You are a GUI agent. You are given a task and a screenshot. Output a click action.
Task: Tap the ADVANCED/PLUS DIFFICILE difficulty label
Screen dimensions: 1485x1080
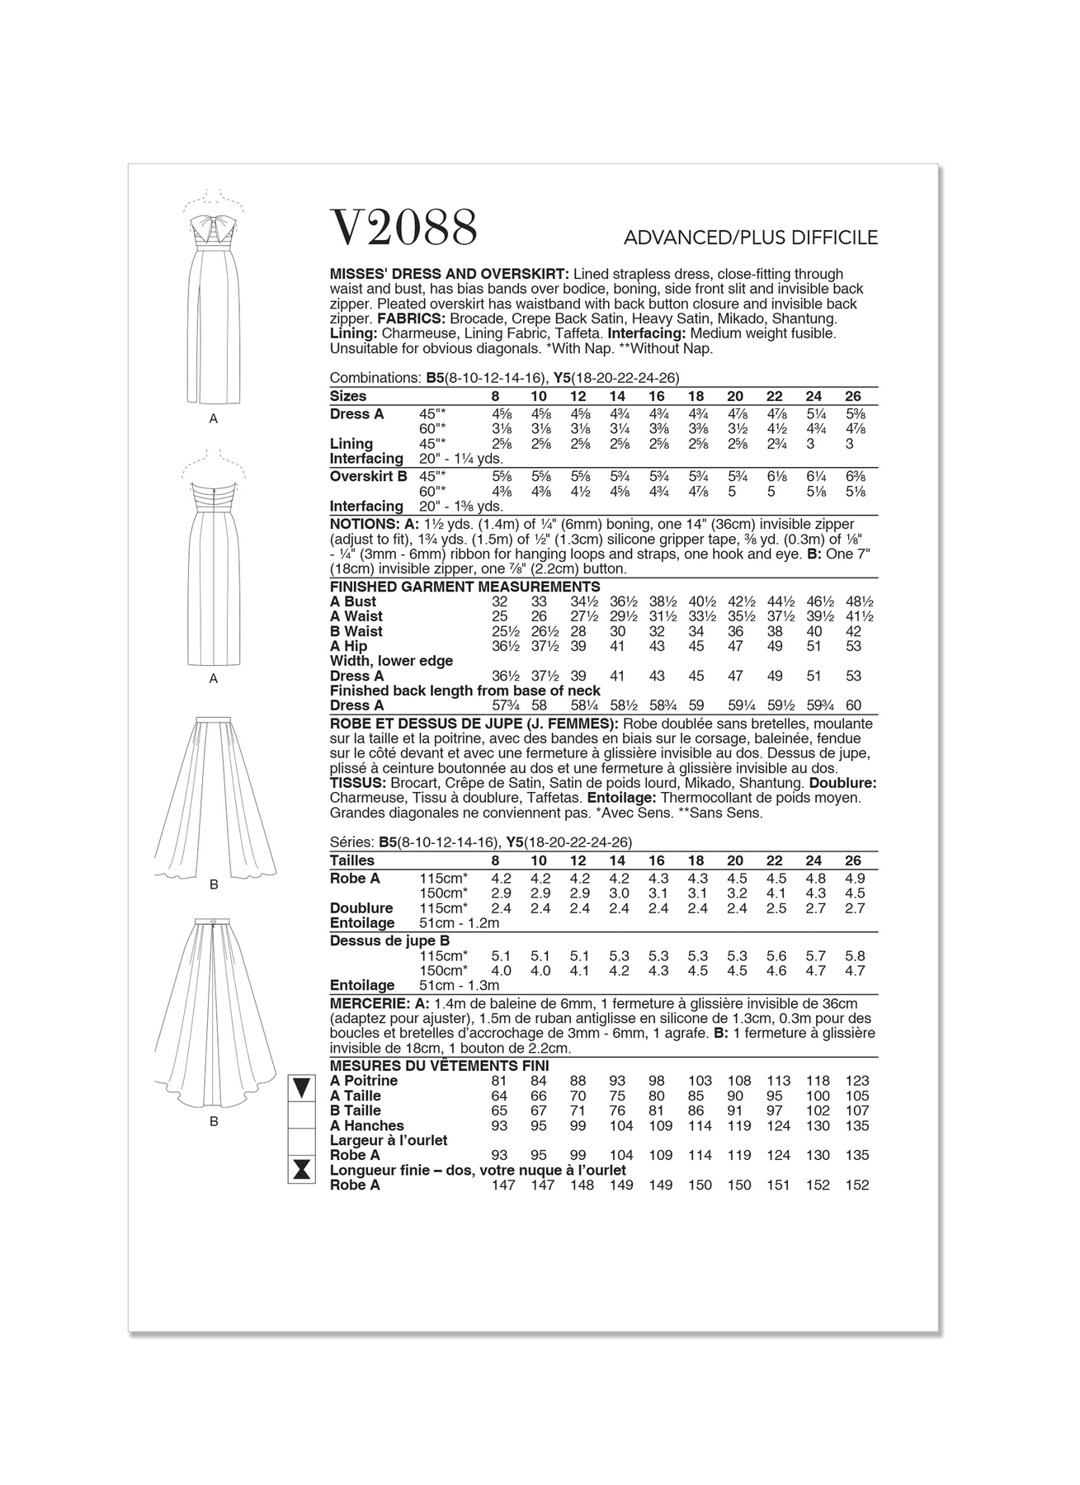pyautogui.click(x=751, y=238)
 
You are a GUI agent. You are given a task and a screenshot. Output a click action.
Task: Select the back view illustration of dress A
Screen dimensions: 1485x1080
pyautogui.click(x=213, y=568)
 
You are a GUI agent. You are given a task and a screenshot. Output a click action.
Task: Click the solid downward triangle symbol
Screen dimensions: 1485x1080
pyautogui.click(x=301, y=1087)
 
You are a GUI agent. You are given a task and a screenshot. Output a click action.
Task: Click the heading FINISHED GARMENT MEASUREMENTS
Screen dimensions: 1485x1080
pyautogui.click(x=453, y=587)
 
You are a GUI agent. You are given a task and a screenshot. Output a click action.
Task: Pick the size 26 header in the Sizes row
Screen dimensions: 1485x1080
pyautogui.click(x=853, y=397)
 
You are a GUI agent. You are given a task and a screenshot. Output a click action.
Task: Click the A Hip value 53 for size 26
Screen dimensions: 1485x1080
pyautogui.click(x=853, y=647)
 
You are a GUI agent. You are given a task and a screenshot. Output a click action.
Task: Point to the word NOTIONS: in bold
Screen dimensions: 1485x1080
pyautogui.click(x=364, y=525)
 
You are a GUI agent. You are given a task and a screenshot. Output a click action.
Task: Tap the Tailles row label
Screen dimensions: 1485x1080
pyautogui.click(x=352, y=860)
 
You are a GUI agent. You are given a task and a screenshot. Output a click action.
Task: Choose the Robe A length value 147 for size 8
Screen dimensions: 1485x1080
pyautogui.click(x=502, y=1186)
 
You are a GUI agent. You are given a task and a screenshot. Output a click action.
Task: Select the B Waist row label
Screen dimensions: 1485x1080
pyautogui.click(x=356, y=632)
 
